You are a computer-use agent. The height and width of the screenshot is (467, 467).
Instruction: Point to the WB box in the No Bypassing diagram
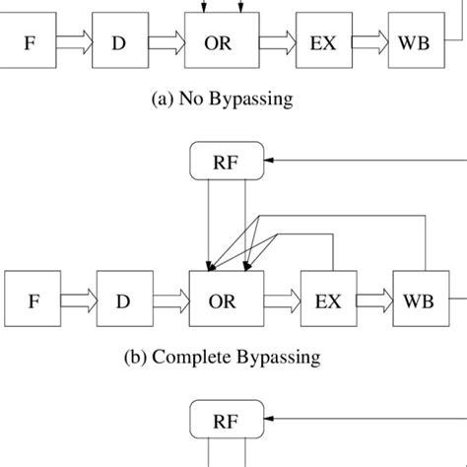pyautogui.click(x=416, y=43)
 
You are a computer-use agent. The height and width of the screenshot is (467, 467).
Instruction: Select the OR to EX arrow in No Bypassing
pyautogui.click(x=278, y=43)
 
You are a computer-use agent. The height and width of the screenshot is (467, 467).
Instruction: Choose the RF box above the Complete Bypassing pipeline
pyautogui.click(x=226, y=162)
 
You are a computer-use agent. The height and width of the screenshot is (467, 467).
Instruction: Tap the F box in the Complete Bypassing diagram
pyautogui.click(x=33, y=301)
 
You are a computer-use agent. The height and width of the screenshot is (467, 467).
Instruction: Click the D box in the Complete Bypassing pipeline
pyautogui.click(x=122, y=301)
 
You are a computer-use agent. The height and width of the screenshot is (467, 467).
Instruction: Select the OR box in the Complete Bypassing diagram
pyautogui.click(x=226, y=301)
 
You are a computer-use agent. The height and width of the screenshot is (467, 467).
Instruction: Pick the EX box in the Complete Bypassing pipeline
pyautogui.click(x=327, y=301)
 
